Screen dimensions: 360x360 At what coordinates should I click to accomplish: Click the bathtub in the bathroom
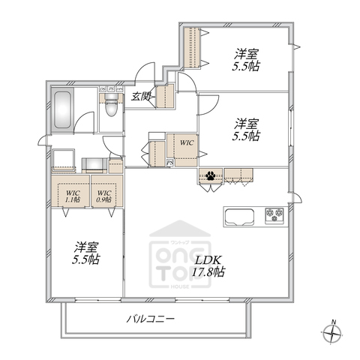[x=62, y=111]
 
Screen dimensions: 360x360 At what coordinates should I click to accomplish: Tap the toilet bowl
[x=110, y=110]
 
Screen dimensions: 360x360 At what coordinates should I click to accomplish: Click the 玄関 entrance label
[x=142, y=95]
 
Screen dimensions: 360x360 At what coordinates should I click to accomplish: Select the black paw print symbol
[x=212, y=177]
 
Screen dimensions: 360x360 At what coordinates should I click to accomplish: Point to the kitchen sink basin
[x=240, y=217]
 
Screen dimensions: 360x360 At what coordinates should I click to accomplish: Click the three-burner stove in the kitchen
[x=272, y=216]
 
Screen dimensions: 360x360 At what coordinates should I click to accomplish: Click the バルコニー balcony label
[x=150, y=319]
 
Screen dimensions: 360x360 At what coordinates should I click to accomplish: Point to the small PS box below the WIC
[x=170, y=163]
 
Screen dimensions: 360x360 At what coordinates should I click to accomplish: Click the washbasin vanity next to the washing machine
[x=96, y=164]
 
